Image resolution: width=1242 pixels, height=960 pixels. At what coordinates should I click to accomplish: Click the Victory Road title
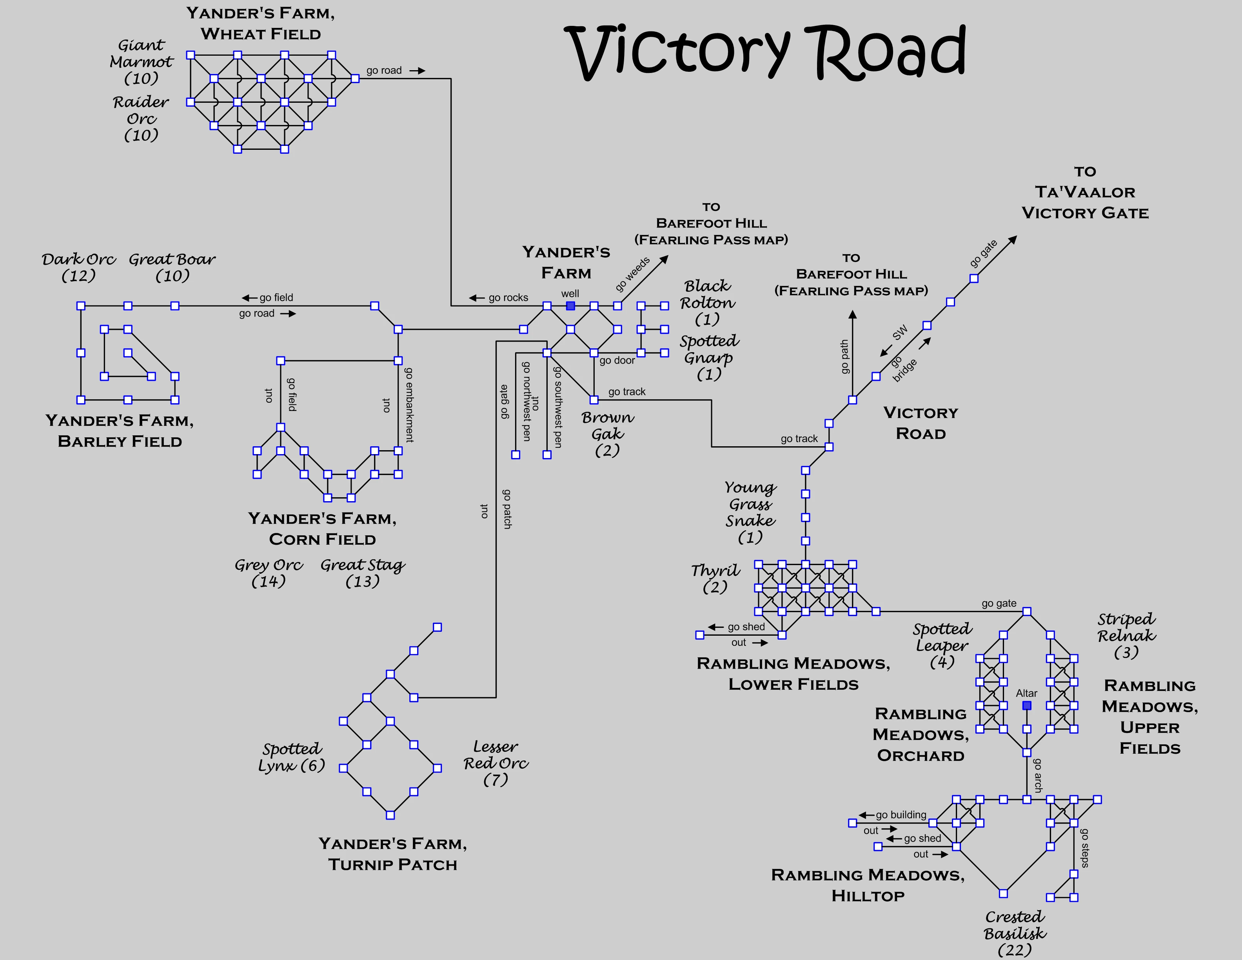(x=765, y=52)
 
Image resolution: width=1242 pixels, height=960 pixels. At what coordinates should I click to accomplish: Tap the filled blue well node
(x=570, y=306)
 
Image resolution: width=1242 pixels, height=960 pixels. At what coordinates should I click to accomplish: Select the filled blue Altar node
(x=1026, y=705)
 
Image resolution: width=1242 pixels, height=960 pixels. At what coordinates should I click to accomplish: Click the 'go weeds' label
(x=632, y=274)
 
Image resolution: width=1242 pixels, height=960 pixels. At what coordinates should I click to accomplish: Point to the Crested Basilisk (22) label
(x=1015, y=933)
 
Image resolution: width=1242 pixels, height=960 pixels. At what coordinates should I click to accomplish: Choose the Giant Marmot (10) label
(x=141, y=62)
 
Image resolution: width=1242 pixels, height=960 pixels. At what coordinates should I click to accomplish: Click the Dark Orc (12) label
(x=78, y=267)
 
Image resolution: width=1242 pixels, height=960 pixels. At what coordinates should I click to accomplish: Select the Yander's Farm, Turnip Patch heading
(x=392, y=854)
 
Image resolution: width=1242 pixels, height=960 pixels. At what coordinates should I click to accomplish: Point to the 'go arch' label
(x=1038, y=775)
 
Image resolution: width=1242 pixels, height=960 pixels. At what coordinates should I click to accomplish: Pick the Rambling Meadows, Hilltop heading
(x=868, y=885)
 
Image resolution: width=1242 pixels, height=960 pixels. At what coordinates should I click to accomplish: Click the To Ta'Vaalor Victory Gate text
(x=1085, y=192)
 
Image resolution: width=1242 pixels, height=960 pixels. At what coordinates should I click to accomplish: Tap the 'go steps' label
(x=1084, y=847)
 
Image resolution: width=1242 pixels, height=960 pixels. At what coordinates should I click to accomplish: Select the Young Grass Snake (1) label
(x=750, y=512)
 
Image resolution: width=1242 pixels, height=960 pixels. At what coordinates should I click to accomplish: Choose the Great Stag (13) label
(x=362, y=573)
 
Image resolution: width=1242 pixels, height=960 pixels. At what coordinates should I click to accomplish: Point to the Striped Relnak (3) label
(x=1127, y=635)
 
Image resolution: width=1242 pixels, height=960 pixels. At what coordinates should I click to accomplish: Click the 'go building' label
(x=901, y=815)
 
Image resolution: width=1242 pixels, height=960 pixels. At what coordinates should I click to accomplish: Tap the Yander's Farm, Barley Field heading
(x=120, y=431)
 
